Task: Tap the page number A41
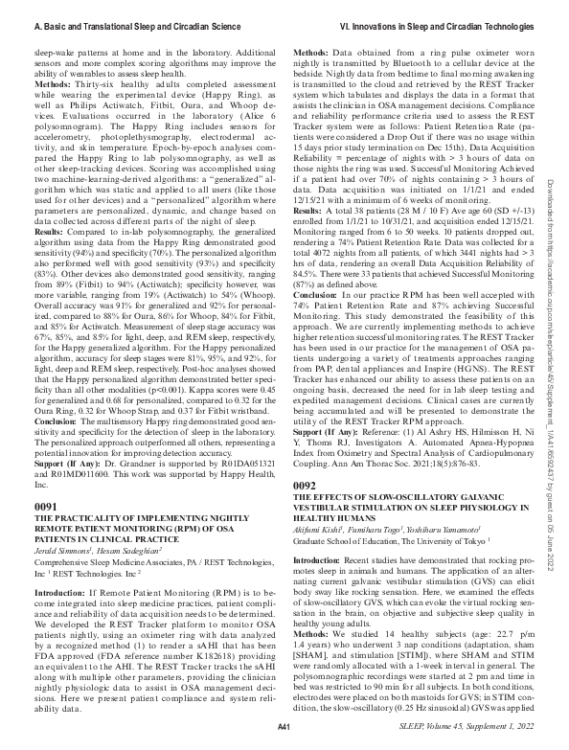pyautogui.click(x=283, y=729)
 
